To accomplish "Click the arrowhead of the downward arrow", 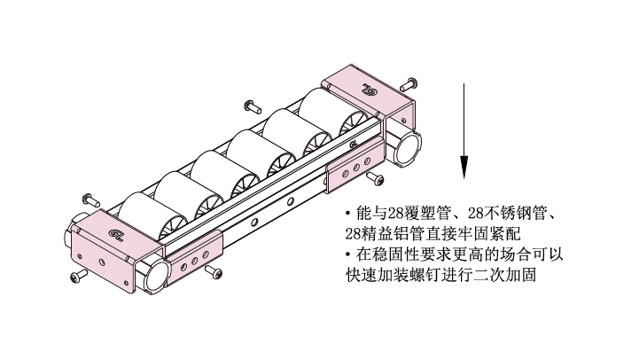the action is tap(464, 168).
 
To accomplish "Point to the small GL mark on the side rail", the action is tap(353, 144).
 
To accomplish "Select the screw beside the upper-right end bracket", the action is tap(408, 84).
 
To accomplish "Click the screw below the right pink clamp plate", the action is tap(375, 178).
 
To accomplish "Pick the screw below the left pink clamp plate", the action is tap(214, 271).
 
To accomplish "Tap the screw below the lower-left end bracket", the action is tap(79, 276).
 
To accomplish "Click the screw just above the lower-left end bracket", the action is tap(91, 200).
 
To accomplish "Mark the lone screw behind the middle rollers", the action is tap(253, 106).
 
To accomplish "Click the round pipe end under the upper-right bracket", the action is tap(408, 148).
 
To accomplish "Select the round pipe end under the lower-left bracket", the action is tap(155, 275).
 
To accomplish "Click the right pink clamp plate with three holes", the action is tap(355, 166).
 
